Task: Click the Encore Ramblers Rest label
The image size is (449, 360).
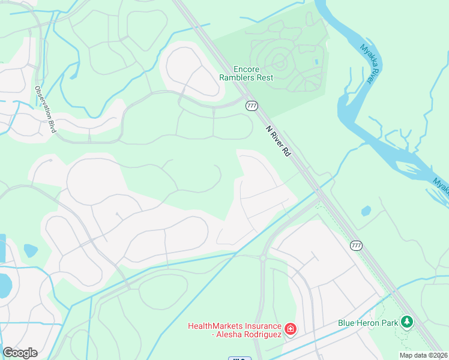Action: point(246,73)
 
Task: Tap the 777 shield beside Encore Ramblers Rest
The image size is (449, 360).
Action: point(252,106)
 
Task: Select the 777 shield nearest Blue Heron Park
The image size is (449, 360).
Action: point(356,245)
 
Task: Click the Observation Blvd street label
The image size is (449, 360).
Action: point(44,110)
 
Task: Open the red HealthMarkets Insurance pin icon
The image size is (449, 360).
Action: point(290,329)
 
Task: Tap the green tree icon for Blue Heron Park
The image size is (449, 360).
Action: point(407,323)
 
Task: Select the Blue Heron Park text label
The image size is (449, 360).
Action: point(367,323)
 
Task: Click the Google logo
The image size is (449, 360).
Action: point(20,352)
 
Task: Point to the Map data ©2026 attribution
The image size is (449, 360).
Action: point(423,355)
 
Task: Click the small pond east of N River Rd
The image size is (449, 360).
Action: point(366,211)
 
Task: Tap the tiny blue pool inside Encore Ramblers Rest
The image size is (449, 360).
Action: point(316,62)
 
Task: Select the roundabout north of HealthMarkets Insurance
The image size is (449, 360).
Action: point(262,257)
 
